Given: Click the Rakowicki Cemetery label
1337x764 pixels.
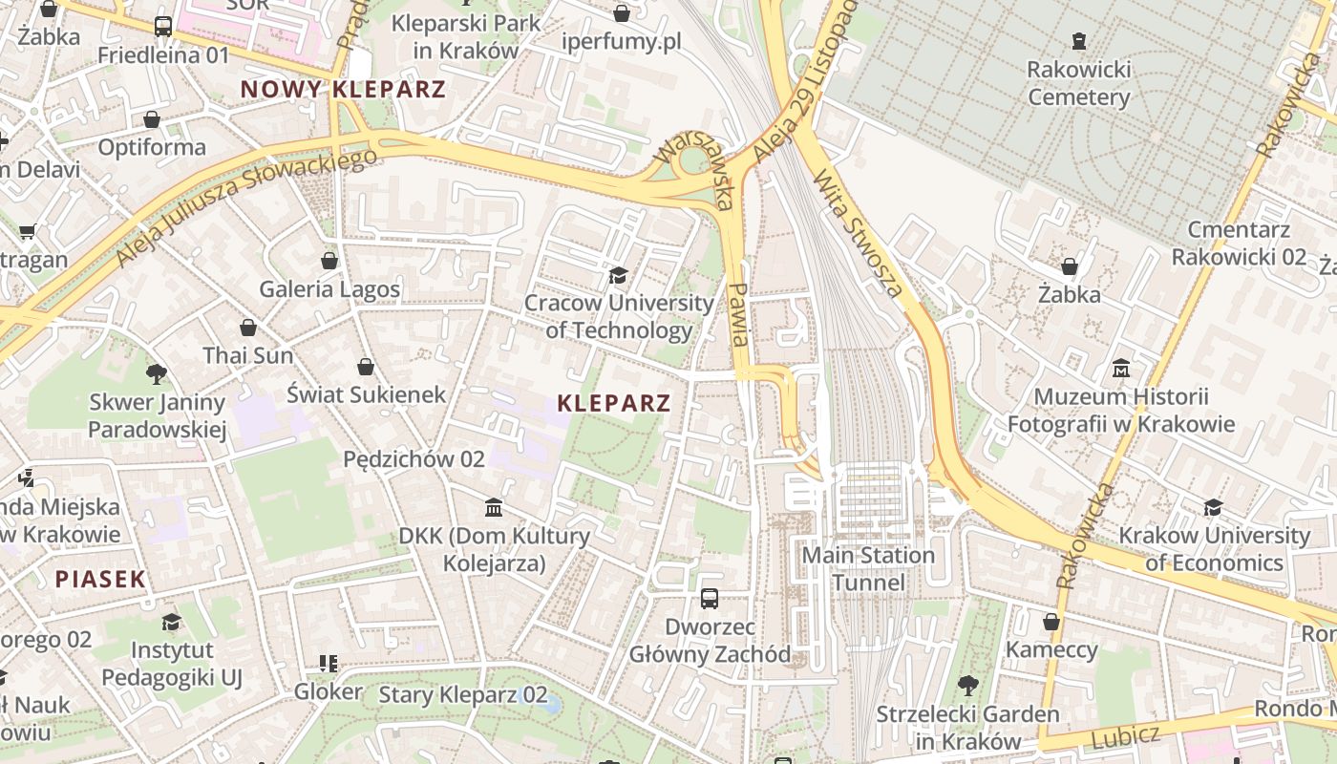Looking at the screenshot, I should coord(1078,83).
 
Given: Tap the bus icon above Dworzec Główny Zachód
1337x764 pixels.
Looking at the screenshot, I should coord(709,599).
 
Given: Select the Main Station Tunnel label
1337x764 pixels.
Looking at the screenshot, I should coord(868,568).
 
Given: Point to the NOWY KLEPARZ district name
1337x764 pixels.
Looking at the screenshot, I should coord(343,90).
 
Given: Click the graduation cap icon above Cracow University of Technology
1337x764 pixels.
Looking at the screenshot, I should coord(618,276).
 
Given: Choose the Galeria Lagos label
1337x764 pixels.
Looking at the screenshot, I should coord(329,288).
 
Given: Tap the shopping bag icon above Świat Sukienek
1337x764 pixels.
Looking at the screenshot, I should coord(365,367).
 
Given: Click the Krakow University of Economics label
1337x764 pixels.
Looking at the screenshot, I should coord(1214,548).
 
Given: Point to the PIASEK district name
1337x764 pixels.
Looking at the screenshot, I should coord(100,579).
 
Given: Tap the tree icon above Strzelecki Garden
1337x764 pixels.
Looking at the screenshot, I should coord(967,686).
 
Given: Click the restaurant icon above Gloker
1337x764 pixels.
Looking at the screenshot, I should coord(328,663).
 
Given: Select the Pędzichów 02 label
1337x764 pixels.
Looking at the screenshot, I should coord(414,459).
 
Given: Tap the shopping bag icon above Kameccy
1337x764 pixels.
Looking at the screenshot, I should coord(1051,623).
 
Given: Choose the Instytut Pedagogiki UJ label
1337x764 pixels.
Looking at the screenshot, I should coord(172,664).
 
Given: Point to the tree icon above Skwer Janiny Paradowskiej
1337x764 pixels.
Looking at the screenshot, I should coord(157,373).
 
